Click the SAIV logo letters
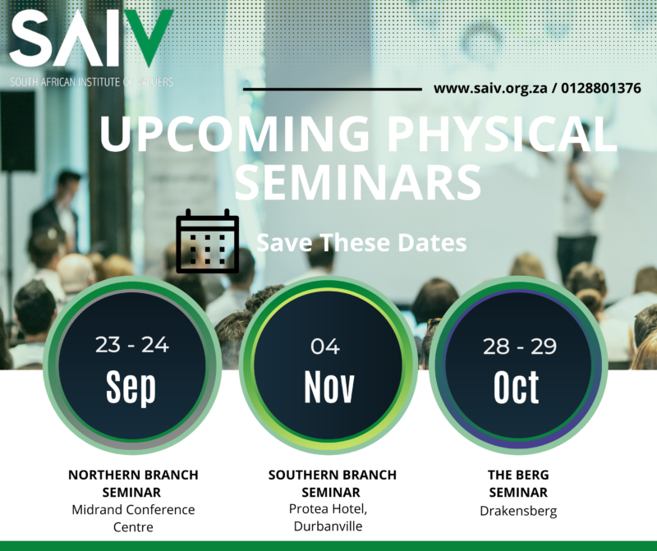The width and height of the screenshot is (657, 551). click(90, 41)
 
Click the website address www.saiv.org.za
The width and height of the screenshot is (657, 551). click(491, 88)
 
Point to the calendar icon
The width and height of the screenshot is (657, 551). click(208, 241)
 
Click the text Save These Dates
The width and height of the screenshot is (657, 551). click(361, 243)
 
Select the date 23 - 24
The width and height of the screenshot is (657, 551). click(131, 345)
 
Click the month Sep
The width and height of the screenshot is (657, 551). click(131, 387)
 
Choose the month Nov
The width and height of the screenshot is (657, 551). click(328, 387)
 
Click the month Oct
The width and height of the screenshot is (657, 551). click(517, 387)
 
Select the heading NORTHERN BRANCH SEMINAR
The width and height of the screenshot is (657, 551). click(133, 484)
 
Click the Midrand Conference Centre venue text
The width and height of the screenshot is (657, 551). click(133, 518)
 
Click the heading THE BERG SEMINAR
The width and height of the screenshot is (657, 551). click(518, 484)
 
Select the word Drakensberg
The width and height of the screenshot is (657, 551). click(518, 511)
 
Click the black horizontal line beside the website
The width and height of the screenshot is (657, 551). click(332, 89)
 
